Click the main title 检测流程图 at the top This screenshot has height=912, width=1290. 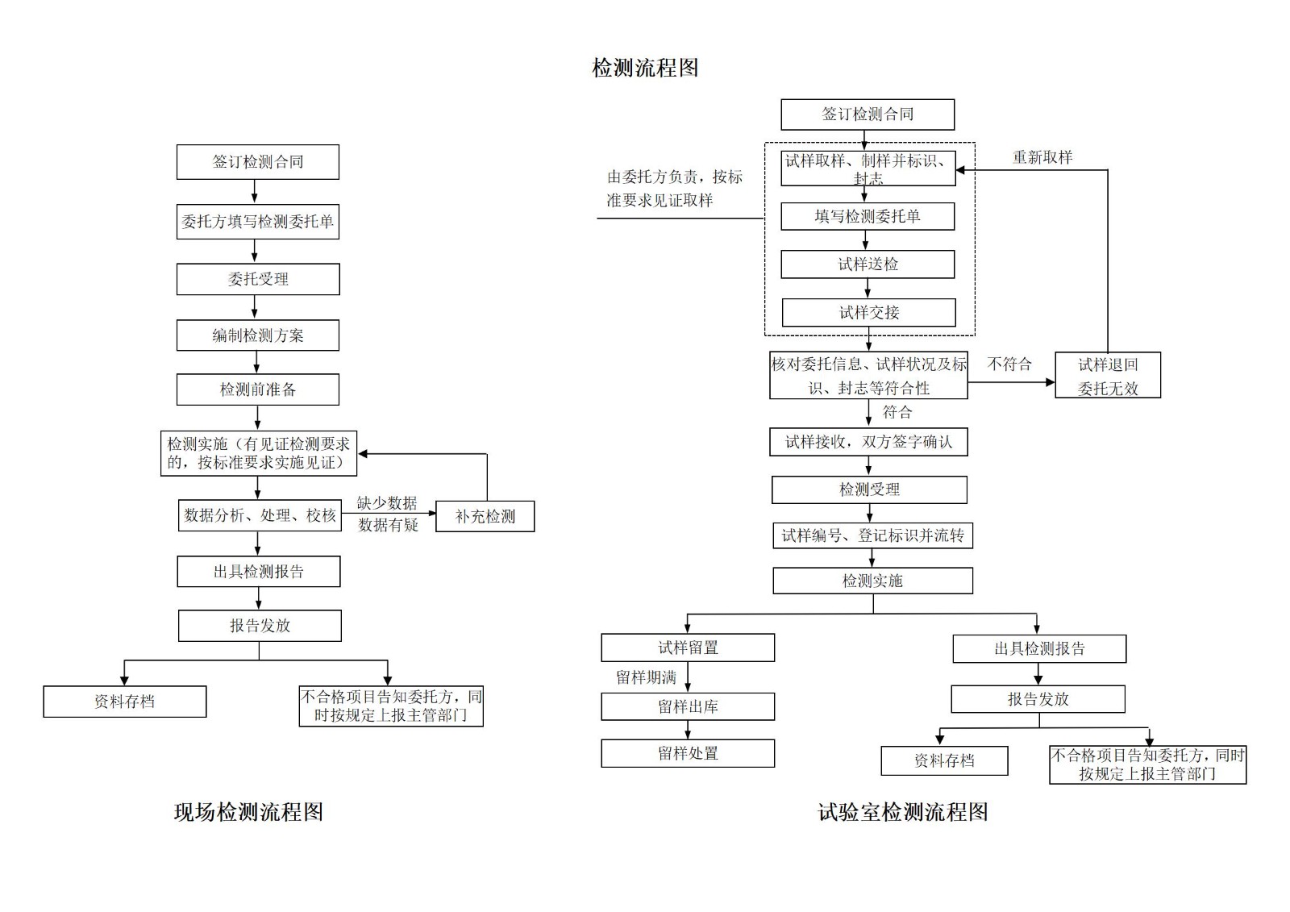point(645,68)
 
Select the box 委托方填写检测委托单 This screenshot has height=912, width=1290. point(257,222)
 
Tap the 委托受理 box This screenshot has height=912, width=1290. point(257,279)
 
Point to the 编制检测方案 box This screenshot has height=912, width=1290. point(257,335)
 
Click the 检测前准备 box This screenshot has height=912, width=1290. point(257,389)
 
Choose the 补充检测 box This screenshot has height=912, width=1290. point(485,517)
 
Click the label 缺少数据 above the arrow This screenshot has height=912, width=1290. point(387,503)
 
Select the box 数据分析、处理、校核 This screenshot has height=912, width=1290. point(260,515)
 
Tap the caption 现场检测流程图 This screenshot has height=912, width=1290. point(248,812)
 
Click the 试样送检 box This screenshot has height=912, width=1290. point(868,264)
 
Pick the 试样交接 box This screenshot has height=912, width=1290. point(868,313)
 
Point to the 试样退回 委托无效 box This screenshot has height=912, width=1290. point(1107,376)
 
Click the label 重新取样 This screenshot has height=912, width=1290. point(1042,158)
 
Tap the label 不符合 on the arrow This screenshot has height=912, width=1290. point(1009,364)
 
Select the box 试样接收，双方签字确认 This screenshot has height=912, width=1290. point(868,442)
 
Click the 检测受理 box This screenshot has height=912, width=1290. point(869,489)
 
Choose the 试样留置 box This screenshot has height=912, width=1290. point(688,648)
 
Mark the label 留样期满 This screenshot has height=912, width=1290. point(646,677)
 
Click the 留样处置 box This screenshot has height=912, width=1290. point(688,753)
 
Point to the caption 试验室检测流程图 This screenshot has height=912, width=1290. point(903,812)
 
